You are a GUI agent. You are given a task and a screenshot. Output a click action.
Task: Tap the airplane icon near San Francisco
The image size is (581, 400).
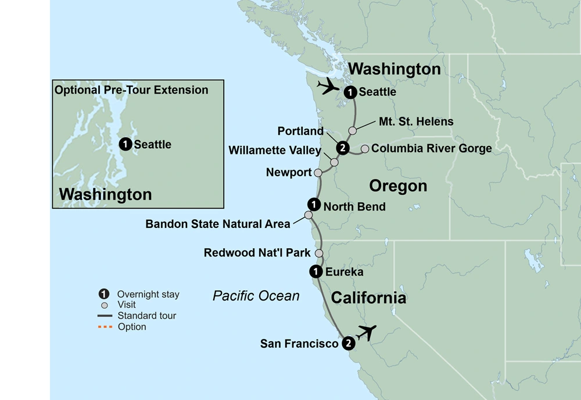(x=365, y=333)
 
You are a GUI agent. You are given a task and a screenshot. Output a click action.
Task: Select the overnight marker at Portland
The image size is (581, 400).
(x=343, y=148)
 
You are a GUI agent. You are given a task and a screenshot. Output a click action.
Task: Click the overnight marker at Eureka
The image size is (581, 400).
(x=314, y=272)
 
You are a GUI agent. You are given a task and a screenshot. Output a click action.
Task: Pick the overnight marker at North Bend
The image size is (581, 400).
(x=314, y=205)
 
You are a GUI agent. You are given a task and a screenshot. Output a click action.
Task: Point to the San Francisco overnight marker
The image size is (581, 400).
(x=347, y=343)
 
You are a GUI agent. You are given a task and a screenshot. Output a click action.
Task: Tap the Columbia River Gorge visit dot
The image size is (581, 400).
(x=365, y=149)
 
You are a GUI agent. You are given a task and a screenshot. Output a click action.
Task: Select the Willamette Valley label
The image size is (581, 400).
(x=274, y=151)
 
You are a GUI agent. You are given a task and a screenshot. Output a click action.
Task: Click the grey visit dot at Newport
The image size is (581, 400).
(x=318, y=173)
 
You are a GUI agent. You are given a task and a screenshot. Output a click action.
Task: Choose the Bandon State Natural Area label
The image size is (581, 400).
(x=217, y=223)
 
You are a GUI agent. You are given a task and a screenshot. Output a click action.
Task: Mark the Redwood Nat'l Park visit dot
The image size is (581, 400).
(x=319, y=253)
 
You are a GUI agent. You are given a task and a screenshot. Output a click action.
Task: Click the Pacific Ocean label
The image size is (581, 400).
(x=256, y=296)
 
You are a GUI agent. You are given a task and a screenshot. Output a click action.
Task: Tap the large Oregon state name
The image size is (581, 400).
(x=398, y=186)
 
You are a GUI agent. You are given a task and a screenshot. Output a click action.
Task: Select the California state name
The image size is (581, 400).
(x=368, y=298)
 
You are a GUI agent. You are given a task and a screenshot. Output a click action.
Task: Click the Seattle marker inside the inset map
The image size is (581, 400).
(x=124, y=144)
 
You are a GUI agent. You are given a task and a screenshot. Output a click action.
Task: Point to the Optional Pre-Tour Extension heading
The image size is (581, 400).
(x=131, y=90)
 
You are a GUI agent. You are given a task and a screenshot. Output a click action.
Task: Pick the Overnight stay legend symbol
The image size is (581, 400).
(x=104, y=294)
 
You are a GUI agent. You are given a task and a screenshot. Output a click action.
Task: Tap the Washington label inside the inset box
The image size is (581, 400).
(x=105, y=194)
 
